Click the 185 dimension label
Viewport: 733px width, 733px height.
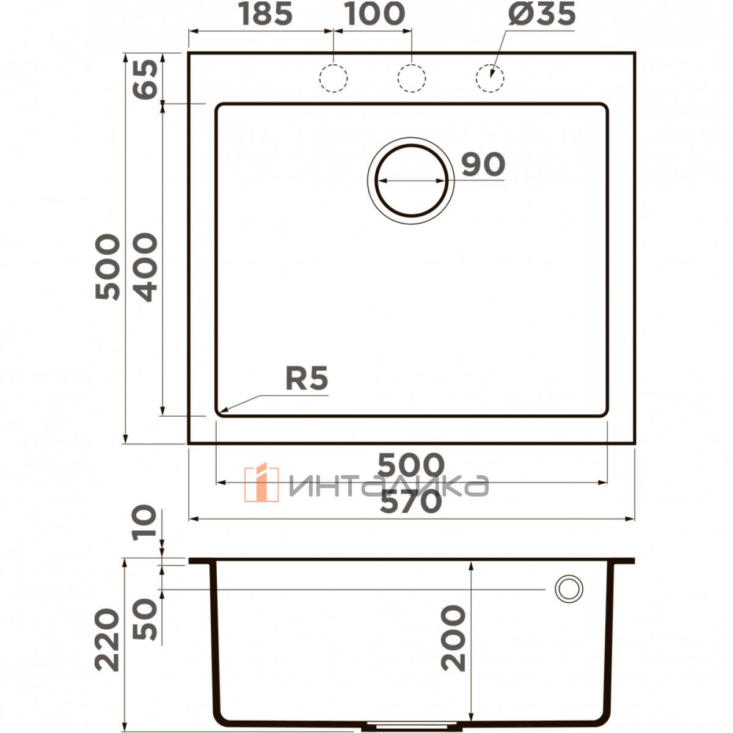(x=266, y=15)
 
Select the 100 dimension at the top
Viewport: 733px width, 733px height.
(x=374, y=15)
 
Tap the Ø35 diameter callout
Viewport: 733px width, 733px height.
(x=542, y=15)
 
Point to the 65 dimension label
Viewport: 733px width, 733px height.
(x=145, y=79)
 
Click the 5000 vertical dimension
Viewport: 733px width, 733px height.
(x=108, y=267)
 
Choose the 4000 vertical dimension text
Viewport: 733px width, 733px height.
(x=145, y=267)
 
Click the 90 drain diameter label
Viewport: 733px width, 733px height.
(x=483, y=164)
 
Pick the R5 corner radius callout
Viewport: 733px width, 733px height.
(x=307, y=378)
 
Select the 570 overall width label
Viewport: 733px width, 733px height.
(x=411, y=501)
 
